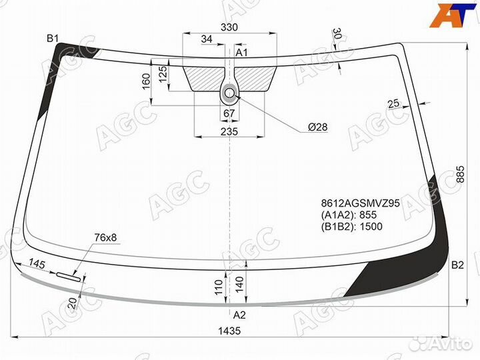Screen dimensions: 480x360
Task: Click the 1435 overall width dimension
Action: pyautogui.click(x=229, y=331)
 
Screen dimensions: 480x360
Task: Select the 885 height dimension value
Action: pyautogui.click(x=460, y=174)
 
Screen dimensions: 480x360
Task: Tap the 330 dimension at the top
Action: pyautogui.click(x=229, y=27)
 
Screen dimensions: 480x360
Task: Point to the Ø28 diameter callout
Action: pyautogui.click(x=318, y=127)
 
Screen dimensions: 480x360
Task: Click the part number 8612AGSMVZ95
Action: pyautogui.click(x=360, y=203)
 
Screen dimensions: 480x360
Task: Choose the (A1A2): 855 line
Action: pyautogui.click(x=349, y=215)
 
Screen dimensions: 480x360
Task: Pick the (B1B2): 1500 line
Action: pyautogui.click(x=352, y=227)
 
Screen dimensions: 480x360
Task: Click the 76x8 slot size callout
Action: pyautogui.click(x=105, y=237)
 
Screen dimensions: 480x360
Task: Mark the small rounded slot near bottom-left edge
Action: pyautogui.click(x=68, y=277)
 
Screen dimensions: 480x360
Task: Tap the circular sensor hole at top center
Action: pyautogui.click(x=229, y=92)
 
